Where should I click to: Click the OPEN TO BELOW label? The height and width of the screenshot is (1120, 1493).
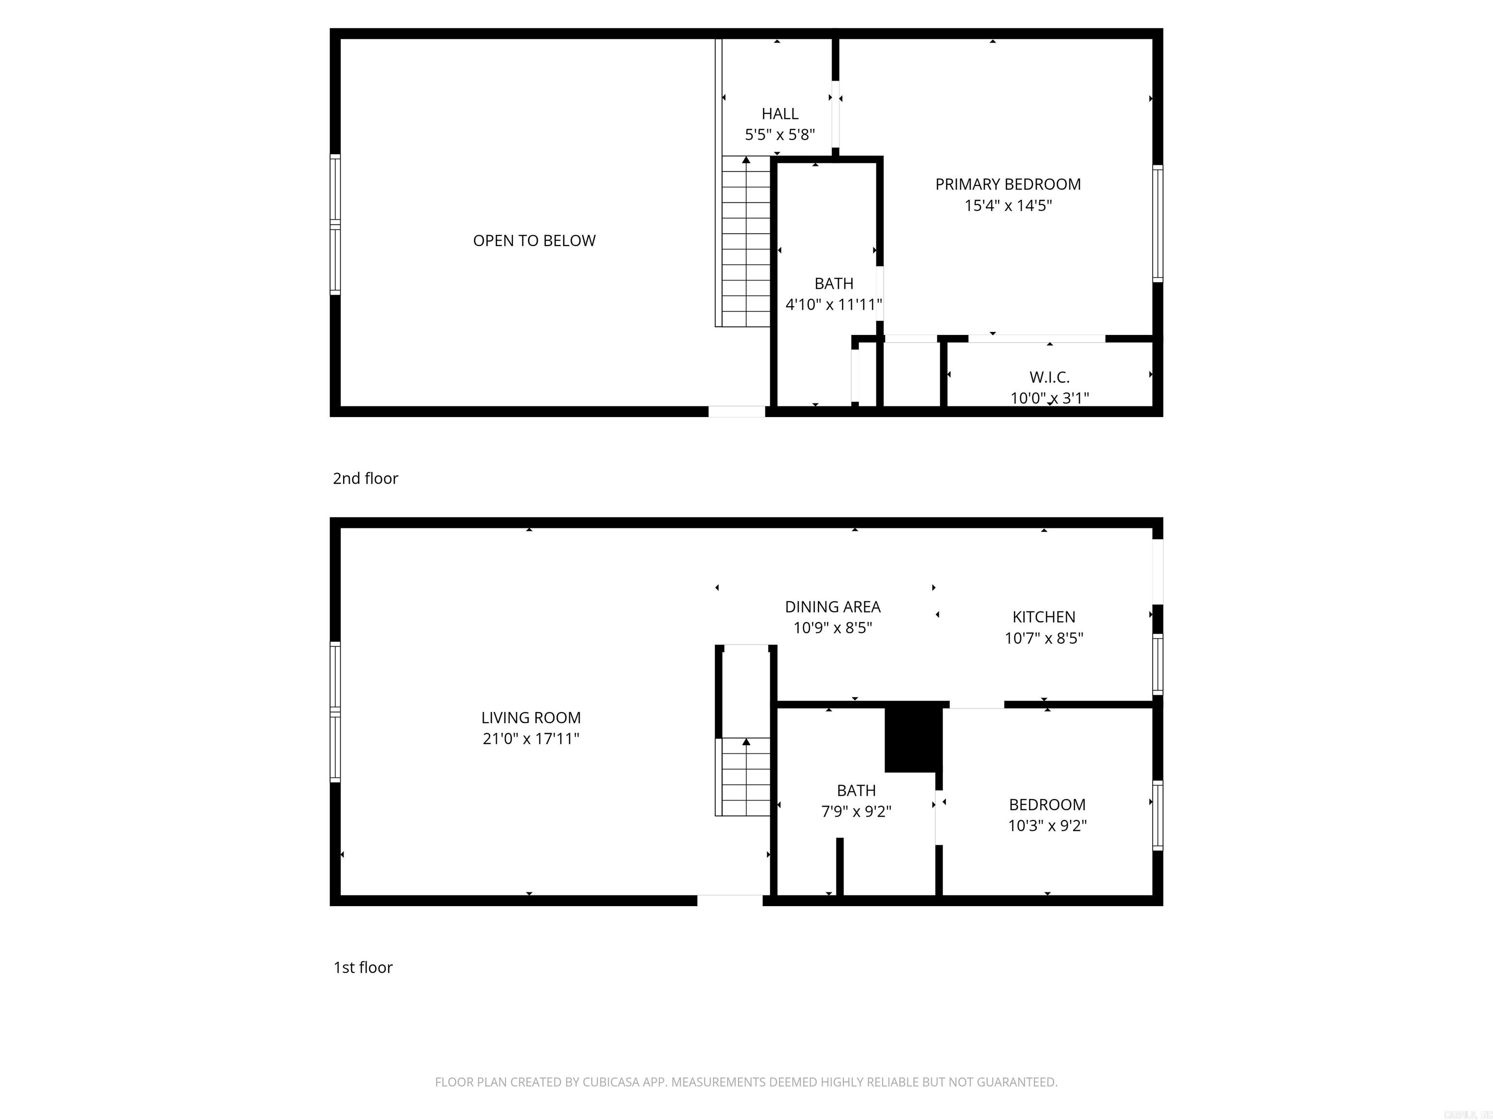tap(534, 241)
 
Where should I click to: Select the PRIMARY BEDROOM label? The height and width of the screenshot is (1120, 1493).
tap(1007, 184)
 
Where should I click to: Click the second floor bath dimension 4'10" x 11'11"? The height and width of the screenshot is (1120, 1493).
tap(833, 304)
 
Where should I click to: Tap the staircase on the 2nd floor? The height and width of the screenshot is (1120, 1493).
tap(746, 243)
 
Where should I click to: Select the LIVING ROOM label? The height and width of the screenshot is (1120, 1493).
tap(531, 717)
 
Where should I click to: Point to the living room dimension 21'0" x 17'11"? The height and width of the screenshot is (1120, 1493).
tap(531, 738)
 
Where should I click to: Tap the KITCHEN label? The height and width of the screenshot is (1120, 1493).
tap(1043, 617)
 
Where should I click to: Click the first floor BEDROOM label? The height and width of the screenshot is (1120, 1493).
tap(1047, 805)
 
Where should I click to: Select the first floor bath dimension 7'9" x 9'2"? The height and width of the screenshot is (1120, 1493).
tap(856, 811)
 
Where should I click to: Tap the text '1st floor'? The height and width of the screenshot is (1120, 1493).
tap(363, 967)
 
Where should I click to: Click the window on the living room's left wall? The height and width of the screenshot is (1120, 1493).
tap(335, 712)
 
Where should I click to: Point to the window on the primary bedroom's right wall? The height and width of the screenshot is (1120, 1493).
tap(1158, 224)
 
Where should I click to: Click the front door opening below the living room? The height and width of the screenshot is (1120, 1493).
tap(729, 900)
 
